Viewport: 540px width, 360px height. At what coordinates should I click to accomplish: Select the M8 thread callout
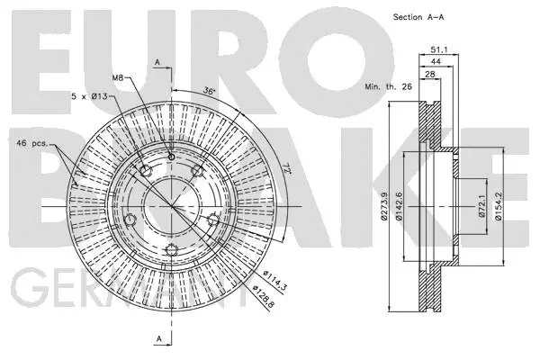119,78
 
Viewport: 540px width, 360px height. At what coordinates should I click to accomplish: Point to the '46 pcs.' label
33,143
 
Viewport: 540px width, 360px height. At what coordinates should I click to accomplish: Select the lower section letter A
158,338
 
